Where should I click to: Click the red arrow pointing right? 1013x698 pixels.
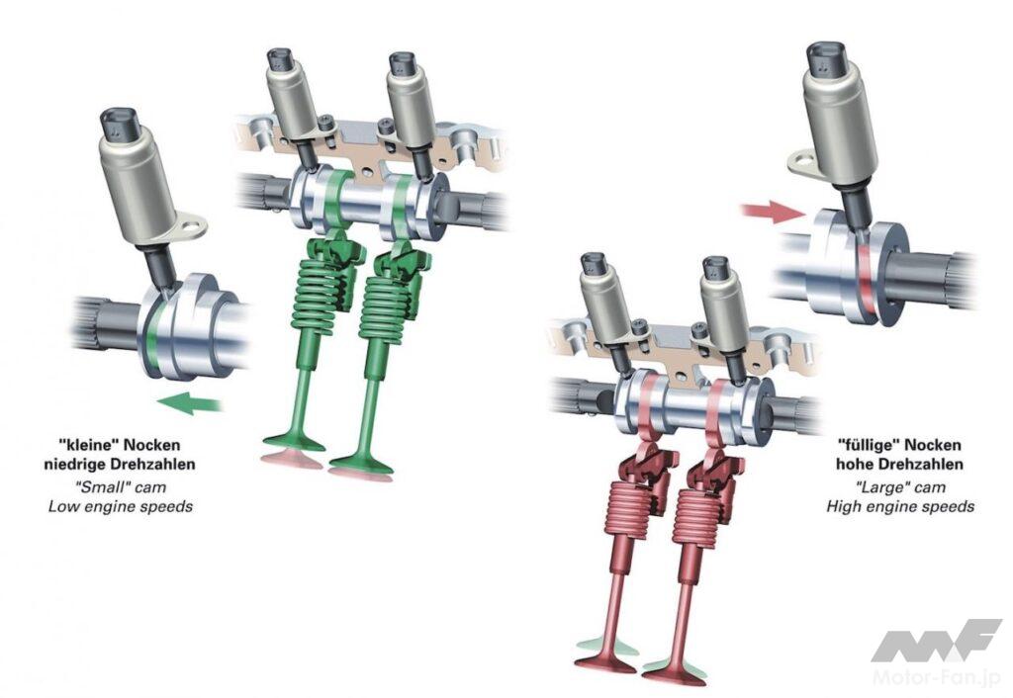click(x=772, y=212)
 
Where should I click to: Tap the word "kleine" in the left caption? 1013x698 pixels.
click(x=89, y=445)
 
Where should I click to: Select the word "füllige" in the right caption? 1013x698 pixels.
click(x=869, y=445)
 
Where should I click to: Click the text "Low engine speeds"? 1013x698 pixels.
click(x=121, y=506)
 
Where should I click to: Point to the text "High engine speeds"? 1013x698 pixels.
click(x=900, y=506)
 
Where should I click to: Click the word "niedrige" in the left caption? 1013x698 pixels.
click(x=72, y=465)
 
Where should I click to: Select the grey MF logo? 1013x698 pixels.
click(x=936, y=640)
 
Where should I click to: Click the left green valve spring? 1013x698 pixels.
click(x=317, y=294)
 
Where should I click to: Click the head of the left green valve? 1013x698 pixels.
click(x=294, y=444)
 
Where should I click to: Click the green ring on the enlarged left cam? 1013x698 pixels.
click(x=152, y=329)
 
